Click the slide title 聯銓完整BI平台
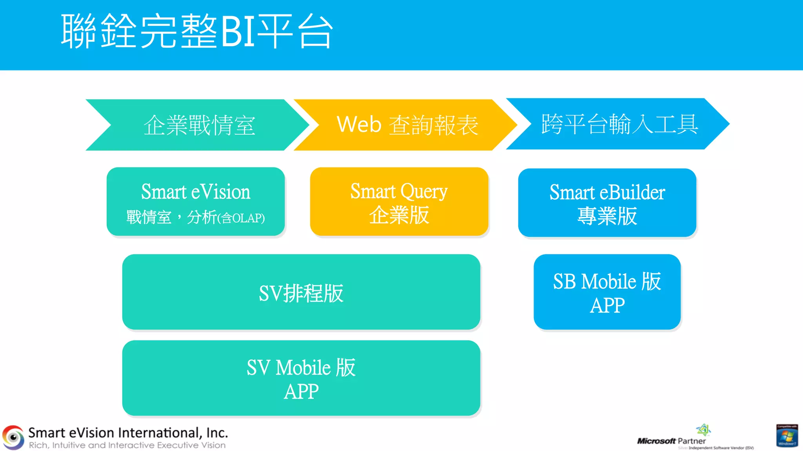coord(197,31)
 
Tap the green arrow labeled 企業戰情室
coord(199,125)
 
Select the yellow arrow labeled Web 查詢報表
coord(407,125)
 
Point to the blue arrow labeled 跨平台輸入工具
coord(620,124)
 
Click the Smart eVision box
coord(196,202)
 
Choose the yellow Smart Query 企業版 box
coord(399,202)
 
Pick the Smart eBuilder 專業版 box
coord(607,203)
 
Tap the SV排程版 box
coord(301,292)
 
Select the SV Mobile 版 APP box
coord(301,378)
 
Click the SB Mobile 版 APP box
coord(607,292)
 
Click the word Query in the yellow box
coord(424,192)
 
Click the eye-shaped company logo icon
coord(13,437)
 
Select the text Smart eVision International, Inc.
coord(128,433)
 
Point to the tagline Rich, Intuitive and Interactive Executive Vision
coord(127,446)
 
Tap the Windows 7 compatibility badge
coord(787,435)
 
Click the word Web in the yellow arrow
coord(359,124)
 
